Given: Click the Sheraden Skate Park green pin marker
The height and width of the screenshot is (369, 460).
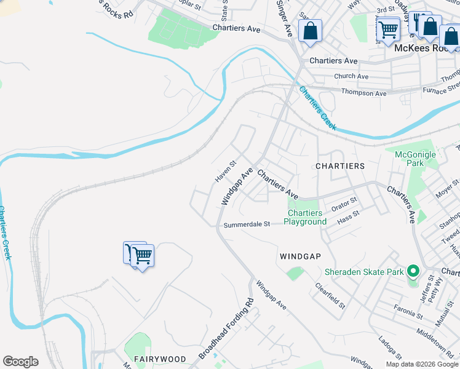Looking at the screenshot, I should [x=413, y=271].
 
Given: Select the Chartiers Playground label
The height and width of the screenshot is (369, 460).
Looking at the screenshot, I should [x=305, y=218].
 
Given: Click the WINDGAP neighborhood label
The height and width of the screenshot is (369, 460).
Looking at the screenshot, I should [x=301, y=256].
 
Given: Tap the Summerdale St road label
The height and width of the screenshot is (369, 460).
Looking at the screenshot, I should [x=247, y=224].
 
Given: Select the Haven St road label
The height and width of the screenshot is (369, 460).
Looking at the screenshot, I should [x=225, y=172].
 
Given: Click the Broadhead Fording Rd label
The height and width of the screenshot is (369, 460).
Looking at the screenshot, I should [x=226, y=329].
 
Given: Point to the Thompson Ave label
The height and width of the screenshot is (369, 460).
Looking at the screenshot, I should [x=365, y=93].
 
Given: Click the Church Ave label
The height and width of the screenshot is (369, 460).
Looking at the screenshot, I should [x=351, y=76].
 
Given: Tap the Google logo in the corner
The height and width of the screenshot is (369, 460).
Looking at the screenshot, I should [x=20, y=362].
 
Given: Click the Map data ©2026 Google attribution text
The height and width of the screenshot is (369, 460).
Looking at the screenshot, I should [x=422, y=364].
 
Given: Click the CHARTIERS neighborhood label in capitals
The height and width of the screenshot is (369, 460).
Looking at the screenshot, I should [x=340, y=166].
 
